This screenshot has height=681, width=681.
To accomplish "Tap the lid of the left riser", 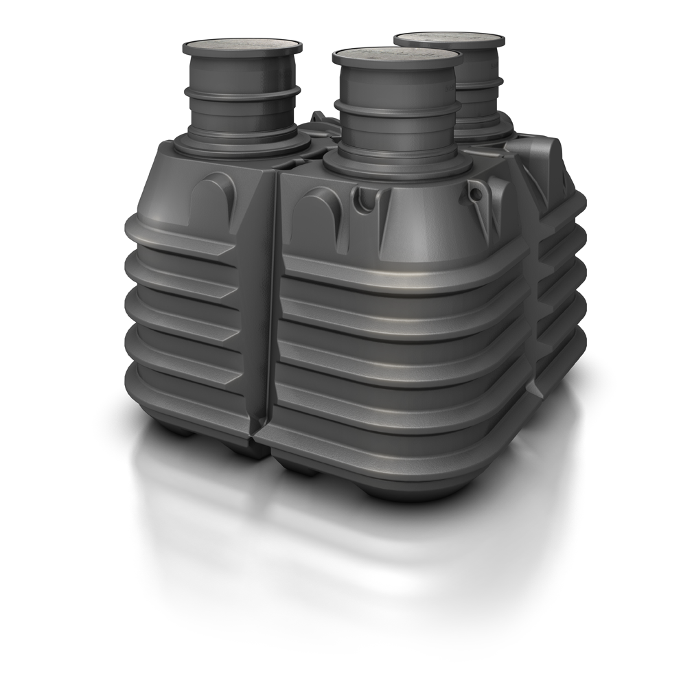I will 242,47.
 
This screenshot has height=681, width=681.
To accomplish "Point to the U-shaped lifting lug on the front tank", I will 364,200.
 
